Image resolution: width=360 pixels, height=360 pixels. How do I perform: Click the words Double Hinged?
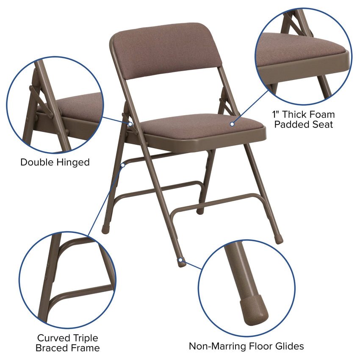[x=55, y=162]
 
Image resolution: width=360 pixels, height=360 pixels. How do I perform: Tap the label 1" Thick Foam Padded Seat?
[x=303, y=119]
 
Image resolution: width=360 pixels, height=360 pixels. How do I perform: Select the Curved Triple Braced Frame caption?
[x=68, y=343]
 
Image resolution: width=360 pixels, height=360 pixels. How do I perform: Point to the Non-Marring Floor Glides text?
[x=246, y=346]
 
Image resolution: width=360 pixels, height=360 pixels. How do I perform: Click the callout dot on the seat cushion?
[x=232, y=124]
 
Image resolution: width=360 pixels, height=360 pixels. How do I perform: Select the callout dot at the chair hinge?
[x=130, y=125]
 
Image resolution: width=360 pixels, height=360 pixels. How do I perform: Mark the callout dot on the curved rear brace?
[x=122, y=164]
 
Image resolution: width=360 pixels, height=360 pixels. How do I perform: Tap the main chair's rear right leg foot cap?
[x=278, y=239]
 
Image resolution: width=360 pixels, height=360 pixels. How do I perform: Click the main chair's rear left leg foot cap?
[x=105, y=229]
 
